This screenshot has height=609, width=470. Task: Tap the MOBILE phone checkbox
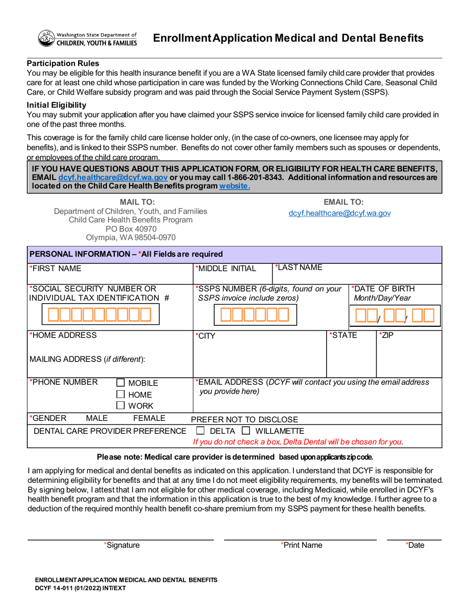click(x=120, y=383)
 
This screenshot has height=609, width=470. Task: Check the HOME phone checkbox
click(x=120, y=395)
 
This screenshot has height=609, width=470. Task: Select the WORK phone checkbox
click(x=120, y=406)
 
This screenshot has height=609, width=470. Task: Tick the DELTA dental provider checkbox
click(x=200, y=431)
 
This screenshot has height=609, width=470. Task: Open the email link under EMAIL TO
click(x=339, y=213)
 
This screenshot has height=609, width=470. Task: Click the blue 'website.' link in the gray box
click(x=235, y=186)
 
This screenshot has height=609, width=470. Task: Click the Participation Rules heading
click(x=63, y=63)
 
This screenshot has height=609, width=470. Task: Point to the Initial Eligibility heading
click(x=56, y=105)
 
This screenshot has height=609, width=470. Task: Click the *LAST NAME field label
click(x=299, y=268)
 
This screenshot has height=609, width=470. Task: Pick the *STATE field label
click(x=343, y=335)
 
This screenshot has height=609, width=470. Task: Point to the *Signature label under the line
click(x=122, y=545)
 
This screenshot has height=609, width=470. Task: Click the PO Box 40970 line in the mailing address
click(x=131, y=229)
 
